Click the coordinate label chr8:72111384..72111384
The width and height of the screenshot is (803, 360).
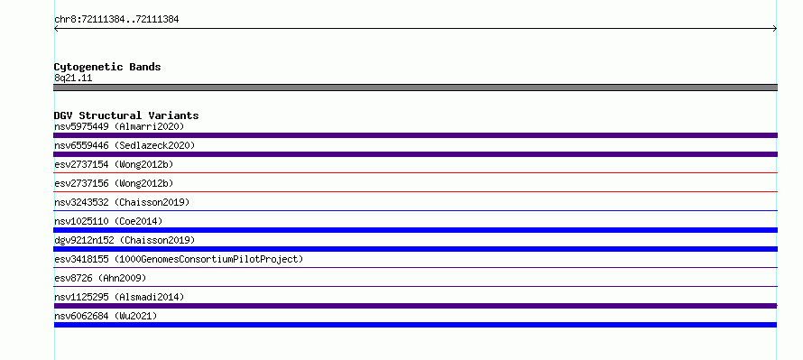click(116, 20)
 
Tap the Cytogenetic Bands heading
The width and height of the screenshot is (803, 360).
click(107, 67)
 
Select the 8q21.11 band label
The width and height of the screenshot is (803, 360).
click(73, 78)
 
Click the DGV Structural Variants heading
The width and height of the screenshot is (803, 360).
click(126, 115)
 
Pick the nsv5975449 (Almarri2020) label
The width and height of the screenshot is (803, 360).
click(119, 126)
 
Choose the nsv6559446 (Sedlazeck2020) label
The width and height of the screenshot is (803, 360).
click(125, 145)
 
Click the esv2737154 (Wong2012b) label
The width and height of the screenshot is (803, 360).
click(114, 164)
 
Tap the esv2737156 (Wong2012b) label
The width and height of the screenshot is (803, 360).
click(114, 183)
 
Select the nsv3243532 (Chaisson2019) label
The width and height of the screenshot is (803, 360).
click(122, 202)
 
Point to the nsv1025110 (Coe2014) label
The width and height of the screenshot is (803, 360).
click(108, 221)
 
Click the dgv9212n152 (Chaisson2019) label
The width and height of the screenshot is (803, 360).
click(125, 240)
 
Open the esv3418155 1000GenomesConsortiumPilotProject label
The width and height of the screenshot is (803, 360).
click(179, 259)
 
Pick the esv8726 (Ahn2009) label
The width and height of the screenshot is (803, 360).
click(100, 278)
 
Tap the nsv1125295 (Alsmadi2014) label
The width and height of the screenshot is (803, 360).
click(119, 297)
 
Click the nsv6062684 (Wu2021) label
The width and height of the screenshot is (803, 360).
click(106, 316)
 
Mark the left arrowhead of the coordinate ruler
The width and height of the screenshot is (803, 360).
click(55, 29)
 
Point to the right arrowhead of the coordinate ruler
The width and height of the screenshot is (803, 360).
click(776, 29)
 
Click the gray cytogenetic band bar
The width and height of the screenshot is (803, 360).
click(415, 88)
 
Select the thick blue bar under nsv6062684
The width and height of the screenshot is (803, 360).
click(415, 325)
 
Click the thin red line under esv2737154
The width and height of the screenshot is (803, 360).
click(415, 173)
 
